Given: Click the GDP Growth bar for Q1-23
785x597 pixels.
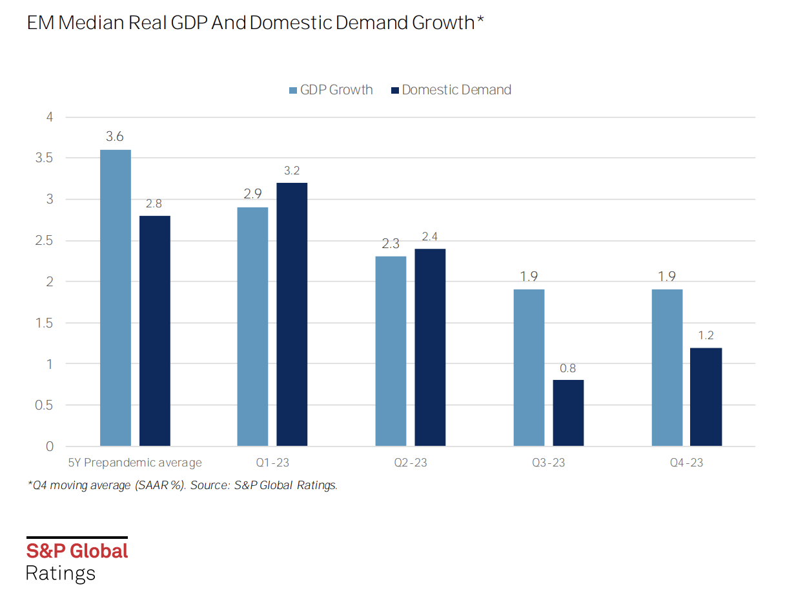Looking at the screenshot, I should (252, 326).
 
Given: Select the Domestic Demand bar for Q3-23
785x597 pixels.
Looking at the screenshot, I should (568, 413).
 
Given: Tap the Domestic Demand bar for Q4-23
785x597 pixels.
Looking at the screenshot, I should (706, 397).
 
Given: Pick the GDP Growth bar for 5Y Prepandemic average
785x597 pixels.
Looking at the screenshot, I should (116, 298).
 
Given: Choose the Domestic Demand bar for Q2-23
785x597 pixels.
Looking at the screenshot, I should (430, 347).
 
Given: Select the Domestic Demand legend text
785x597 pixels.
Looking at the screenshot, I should (456, 90).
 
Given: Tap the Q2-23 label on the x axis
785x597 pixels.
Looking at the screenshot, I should (410, 463).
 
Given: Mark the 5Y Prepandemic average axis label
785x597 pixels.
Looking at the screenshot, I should (135, 463).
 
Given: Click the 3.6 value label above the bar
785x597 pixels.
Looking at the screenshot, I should (115, 137).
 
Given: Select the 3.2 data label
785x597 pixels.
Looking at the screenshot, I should (292, 171).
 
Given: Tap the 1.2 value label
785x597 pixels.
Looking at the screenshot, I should (706, 335).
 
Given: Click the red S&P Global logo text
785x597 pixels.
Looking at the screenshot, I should (77, 551).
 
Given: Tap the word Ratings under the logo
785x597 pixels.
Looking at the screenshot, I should (60, 573).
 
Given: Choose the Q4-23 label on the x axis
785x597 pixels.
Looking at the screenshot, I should (686, 463).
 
